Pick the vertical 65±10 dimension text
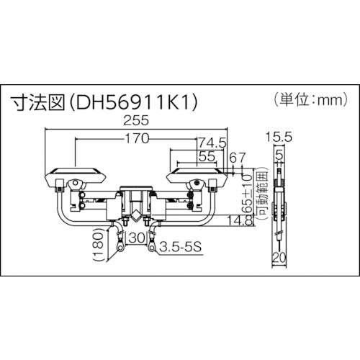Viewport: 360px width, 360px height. click(x=247, y=193)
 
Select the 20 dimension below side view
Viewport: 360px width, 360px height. click(x=278, y=257)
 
